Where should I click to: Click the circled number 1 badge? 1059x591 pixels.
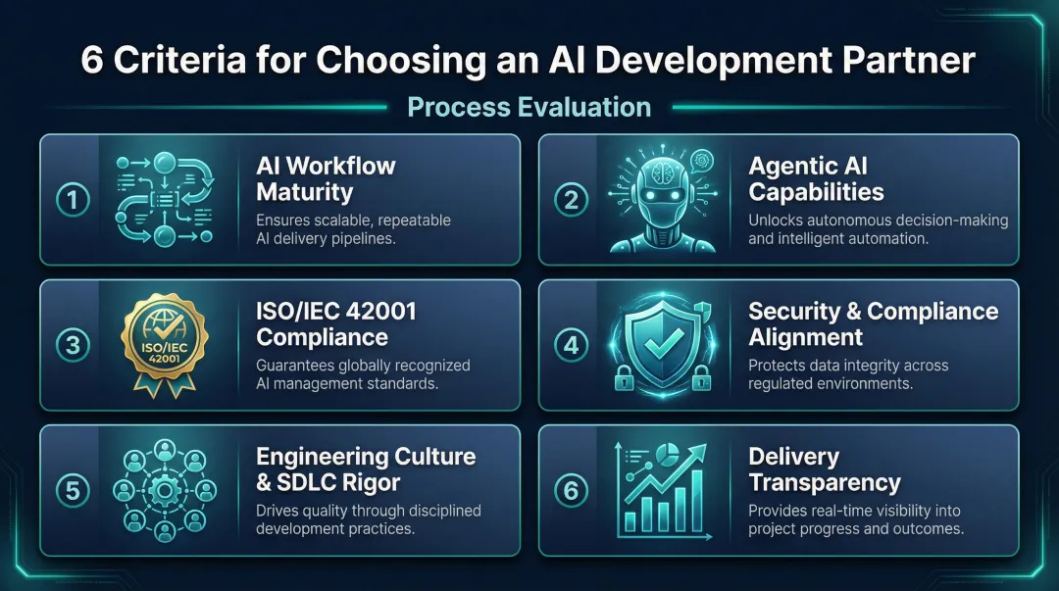point(73,200)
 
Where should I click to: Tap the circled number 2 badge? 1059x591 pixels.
point(572,200)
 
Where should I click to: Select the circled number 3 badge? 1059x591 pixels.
point(73,345)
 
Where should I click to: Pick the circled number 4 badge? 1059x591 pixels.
point(572,345)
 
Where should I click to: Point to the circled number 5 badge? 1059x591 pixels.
point(73,490)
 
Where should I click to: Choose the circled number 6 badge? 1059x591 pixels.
point(572,490)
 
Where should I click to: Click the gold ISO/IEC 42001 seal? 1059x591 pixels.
point(168,344)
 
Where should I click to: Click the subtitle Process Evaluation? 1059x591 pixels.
point(529,107)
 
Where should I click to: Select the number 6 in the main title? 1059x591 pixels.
point(94,61)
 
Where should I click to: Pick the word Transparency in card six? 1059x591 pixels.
point(824,482)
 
